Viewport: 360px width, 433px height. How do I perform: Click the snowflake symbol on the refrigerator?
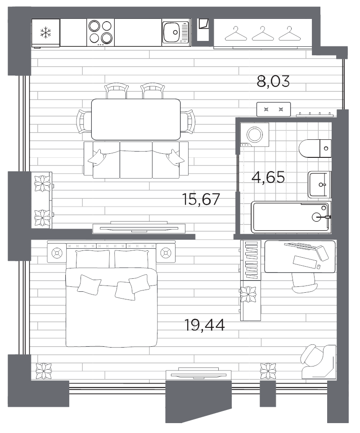point(45,32)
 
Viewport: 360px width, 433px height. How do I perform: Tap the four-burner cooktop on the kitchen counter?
point(100,32)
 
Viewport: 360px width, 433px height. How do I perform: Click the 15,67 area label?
point(201,198)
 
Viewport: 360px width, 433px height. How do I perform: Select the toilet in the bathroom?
point(315,147)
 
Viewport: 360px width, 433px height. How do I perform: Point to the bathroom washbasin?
point(320,184)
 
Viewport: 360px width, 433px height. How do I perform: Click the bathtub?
point(290,217)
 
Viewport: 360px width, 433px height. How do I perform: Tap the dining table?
point(136,119)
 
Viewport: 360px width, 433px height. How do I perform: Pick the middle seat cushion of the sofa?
point(136,160)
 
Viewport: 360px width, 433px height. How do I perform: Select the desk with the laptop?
point(300,257)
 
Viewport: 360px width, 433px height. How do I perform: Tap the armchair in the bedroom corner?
point(319,362)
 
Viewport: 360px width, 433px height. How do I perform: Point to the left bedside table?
point(57,254)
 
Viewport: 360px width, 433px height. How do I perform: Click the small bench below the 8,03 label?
point(274,109)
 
